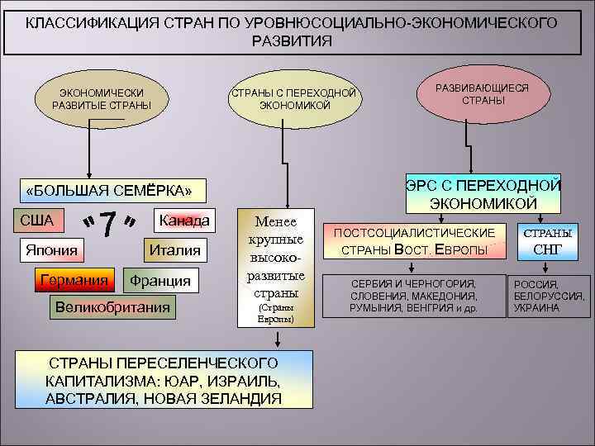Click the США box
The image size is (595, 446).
(x=36, y=221)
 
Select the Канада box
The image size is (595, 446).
(x=184, y=221)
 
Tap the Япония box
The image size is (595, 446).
(x=50, y=250)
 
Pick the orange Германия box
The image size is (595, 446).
(x=74, y=280)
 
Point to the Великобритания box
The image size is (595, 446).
(x=112, y=308)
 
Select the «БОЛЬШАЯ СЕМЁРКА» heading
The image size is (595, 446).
(x=108, y=192)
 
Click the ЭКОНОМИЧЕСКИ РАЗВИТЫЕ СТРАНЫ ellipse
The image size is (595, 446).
(x=102, y=98)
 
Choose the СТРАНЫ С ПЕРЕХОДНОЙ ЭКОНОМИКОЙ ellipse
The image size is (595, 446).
(x=294, y=98)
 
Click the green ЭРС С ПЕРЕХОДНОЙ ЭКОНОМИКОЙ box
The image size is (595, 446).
(x=483, y=192)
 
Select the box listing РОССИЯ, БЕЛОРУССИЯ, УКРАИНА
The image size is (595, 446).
(x=548, y=296)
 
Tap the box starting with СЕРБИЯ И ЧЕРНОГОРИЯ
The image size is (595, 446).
(x=412, y=296)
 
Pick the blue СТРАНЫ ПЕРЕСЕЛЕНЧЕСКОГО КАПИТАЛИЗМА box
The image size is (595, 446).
(x=164, y=380)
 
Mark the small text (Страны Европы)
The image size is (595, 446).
(x=277, y=313)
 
